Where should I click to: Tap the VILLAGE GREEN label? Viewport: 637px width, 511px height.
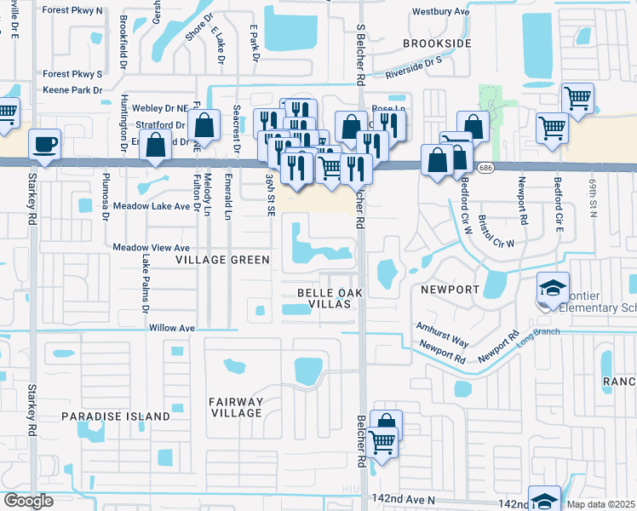click(x=222, y=259)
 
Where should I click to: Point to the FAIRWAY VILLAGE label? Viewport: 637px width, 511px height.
click(x=236, y=407)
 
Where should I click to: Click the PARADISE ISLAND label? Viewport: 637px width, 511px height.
click(x=116, y=416)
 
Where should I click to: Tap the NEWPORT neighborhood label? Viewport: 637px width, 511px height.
click(x=450, y=290)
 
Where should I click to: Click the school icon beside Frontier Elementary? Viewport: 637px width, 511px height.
click(x=552, y=287)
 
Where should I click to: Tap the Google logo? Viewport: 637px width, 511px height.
click(x=29, y=501)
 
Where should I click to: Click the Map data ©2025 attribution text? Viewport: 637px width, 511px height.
click(x=601, y=504)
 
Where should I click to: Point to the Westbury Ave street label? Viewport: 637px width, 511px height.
click(x=440, y=12)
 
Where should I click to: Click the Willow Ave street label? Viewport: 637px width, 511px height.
click(x=172, y=327)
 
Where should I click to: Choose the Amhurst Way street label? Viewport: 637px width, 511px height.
click(x=442, y=333)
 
